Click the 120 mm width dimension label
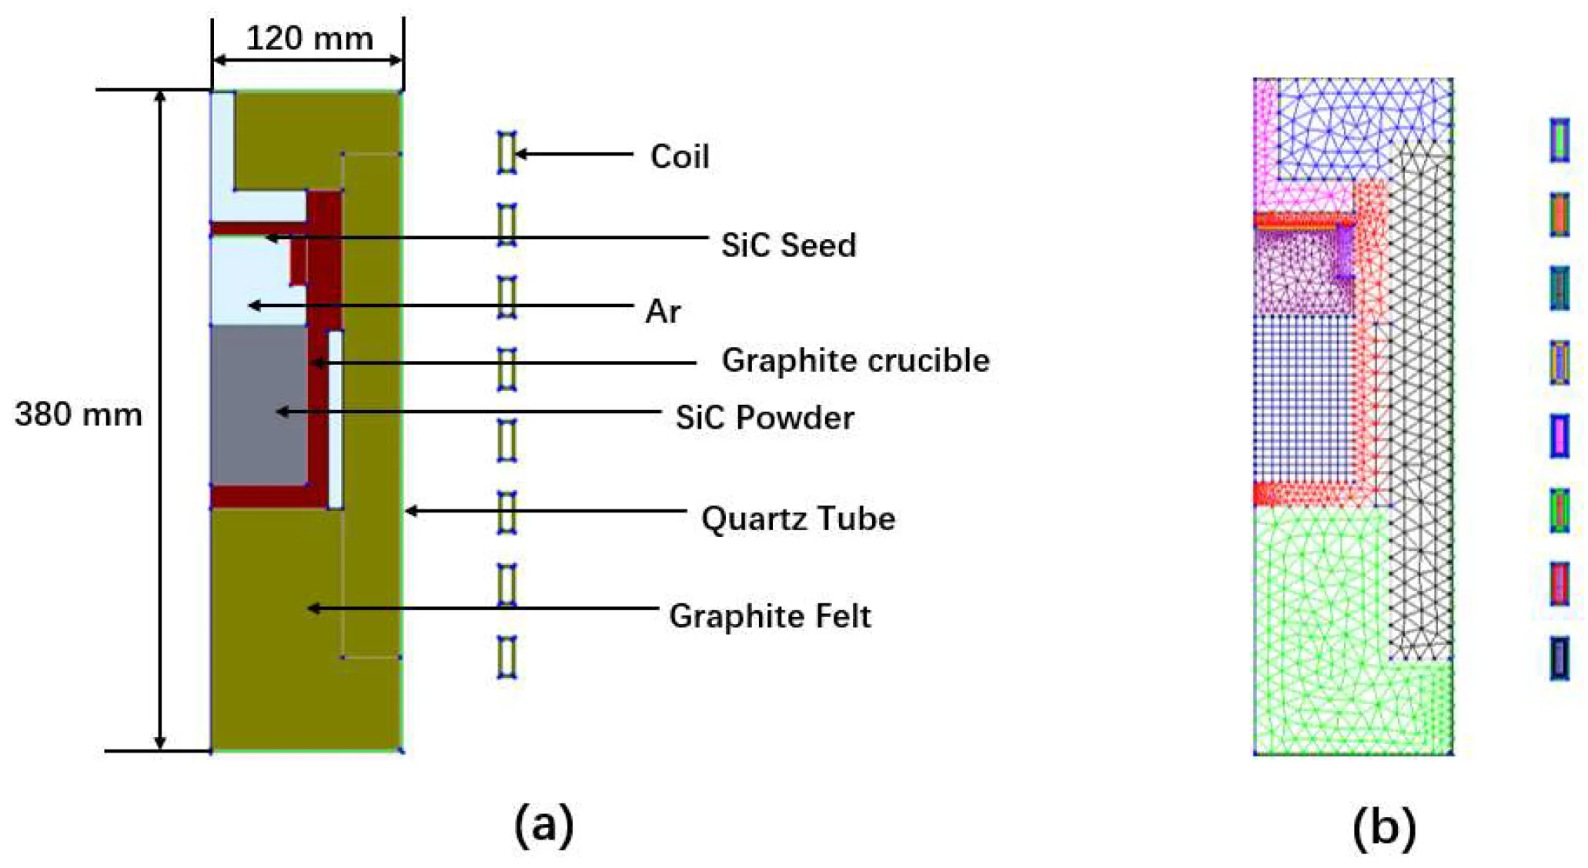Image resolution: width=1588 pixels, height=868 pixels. [309, 38]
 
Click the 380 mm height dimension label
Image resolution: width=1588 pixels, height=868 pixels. [79, 415]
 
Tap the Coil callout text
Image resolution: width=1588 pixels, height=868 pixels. [680, 156]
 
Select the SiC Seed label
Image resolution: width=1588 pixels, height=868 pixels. [788, 245]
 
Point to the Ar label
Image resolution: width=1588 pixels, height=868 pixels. [663, 312]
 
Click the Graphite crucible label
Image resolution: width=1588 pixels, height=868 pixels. [855, 361]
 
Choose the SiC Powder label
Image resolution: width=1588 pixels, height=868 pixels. [764, 418]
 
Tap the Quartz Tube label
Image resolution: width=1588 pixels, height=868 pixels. [798, 519]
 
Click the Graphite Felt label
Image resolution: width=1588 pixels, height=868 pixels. [770, 616]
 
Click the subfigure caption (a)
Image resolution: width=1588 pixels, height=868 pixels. [543, 825]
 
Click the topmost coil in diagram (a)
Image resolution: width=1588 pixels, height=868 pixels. [506, 152]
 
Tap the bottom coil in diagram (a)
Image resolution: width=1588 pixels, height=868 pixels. [506, 656]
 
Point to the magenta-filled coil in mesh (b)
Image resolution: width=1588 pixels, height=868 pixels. [1560, 436]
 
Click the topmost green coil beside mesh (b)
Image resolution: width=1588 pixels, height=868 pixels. [1560, 139]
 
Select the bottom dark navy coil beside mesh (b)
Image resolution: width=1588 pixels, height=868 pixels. [1560, 658]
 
